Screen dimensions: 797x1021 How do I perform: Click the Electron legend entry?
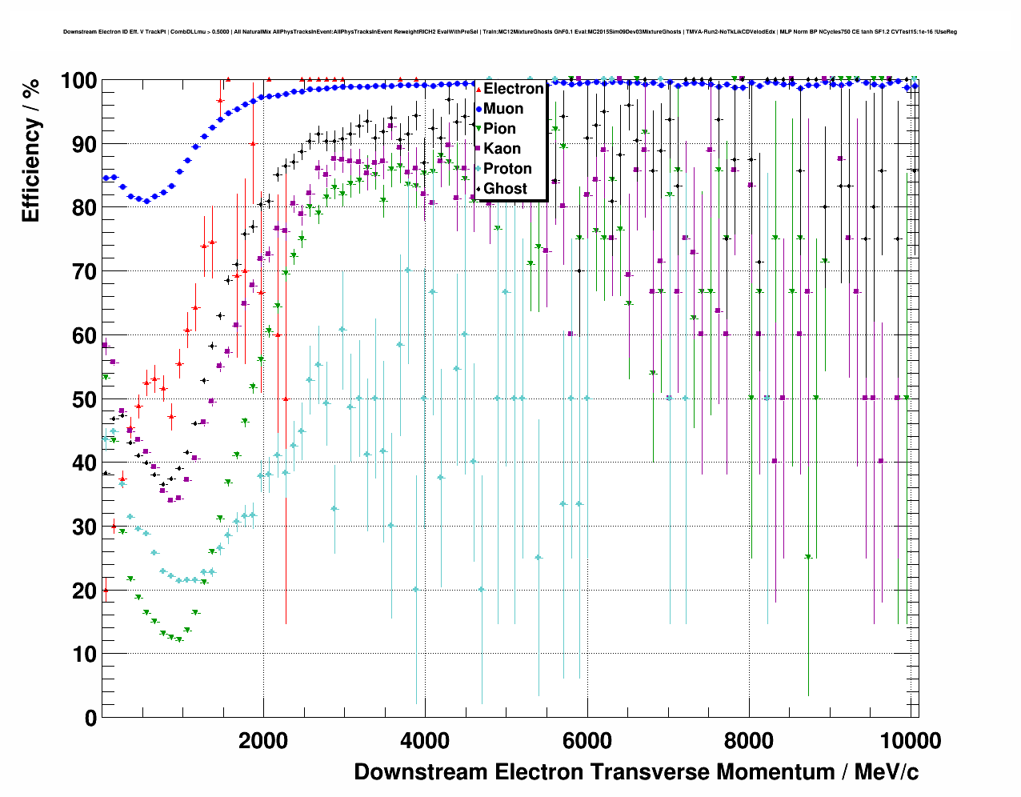click(513, 89)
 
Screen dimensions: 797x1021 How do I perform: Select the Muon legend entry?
click(503, 109)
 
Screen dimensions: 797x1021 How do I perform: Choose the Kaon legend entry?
click(502, 149)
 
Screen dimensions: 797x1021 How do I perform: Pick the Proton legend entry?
click(507, 169)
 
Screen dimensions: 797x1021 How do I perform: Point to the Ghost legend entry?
click(505, 189)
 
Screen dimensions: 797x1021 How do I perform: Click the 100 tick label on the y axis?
click(78, 81)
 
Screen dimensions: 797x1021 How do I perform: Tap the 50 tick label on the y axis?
click(84, 399)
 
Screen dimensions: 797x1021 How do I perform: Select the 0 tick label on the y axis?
click(90, 718)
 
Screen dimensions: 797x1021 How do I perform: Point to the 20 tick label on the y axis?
click(84, 591)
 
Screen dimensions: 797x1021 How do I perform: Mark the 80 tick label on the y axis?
click(84, 208)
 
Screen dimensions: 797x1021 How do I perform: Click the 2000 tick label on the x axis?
click(263, 741)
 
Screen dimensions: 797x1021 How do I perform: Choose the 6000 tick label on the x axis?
click(587, 741)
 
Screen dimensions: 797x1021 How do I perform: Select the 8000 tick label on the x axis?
click(750, 741)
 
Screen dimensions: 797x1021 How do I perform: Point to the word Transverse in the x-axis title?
click(650, 772)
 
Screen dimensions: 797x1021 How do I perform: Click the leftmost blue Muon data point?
click(106, 178)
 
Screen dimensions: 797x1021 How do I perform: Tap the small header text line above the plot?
click(510, 32)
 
